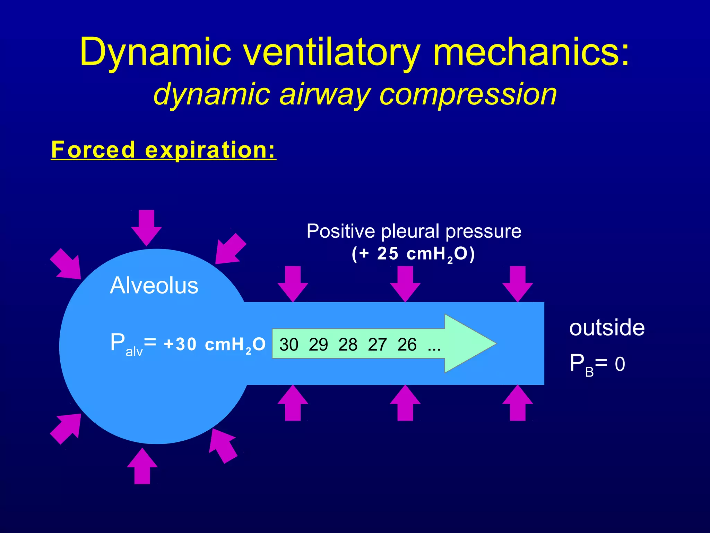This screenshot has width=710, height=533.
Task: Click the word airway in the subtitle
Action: click(324, 94)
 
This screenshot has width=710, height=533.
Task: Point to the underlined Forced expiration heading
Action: click(163, 150)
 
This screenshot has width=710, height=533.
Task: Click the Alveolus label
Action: click(154, 286)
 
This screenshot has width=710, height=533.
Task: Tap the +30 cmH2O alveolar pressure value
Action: click(215, 345)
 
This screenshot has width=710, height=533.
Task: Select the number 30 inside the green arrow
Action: click(288, 345)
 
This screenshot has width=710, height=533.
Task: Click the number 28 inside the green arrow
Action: click(348, 345)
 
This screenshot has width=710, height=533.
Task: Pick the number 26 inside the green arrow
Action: click(407, 345)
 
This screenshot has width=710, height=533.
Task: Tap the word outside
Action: click(607, 328)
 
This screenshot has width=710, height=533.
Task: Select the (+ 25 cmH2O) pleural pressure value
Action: click(413, 254)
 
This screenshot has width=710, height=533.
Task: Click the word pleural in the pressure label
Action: click(411, 231)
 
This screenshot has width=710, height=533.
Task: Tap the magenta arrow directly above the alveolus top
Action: click(146, 227)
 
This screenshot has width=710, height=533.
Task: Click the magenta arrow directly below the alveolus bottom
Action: click(142, 466)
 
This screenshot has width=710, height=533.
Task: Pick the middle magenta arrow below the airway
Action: click(405, 403)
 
